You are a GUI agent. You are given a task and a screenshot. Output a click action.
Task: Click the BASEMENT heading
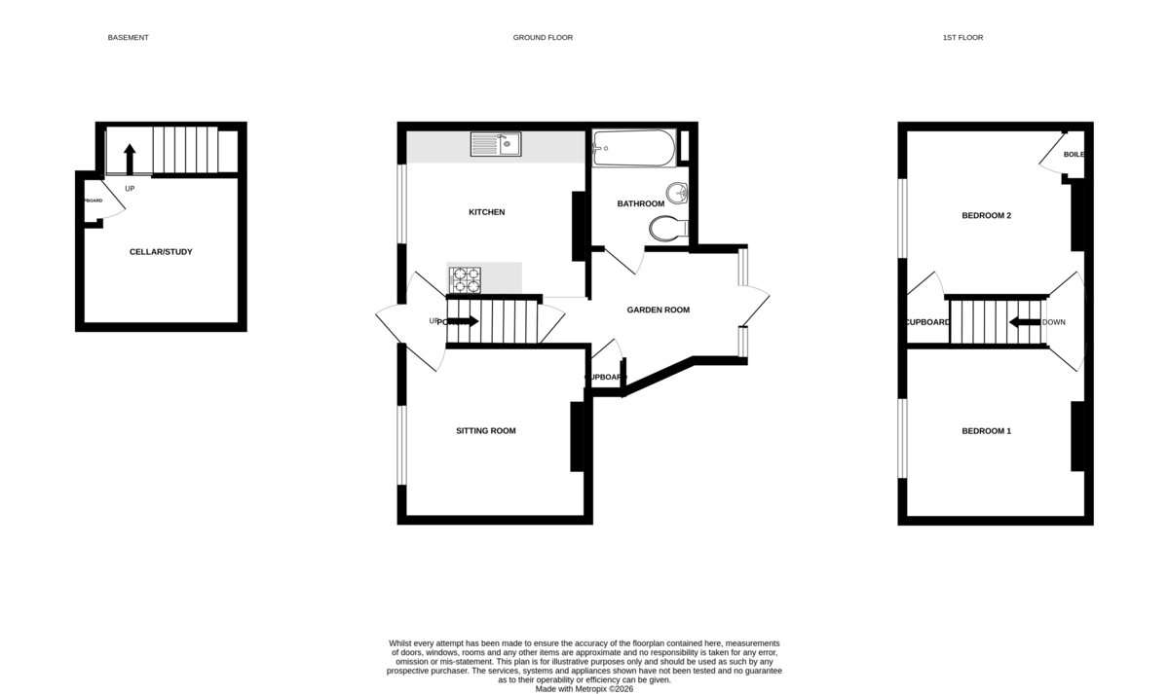point(128,38)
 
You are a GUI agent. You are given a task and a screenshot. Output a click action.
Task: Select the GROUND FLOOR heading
point(543,38)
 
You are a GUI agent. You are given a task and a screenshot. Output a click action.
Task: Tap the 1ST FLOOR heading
point(962,38)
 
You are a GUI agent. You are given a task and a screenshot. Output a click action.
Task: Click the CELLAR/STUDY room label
point(161,252)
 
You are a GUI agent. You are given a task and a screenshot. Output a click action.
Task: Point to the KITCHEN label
point(486,212)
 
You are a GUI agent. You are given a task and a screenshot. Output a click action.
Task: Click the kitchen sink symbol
point(495,145)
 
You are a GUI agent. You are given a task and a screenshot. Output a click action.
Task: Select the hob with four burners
point(465,279)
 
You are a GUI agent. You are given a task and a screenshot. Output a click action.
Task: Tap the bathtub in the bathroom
point(633,148)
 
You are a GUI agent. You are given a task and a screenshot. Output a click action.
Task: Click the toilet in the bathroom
point(667,229)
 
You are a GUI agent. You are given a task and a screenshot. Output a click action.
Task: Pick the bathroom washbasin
point(677,193)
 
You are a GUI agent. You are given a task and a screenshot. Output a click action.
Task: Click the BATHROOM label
point(640,204)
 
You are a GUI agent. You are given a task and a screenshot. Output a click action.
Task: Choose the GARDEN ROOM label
point(658,310)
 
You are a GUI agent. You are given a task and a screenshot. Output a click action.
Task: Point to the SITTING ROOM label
point(486,431)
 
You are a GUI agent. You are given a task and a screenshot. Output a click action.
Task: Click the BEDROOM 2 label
point(986,216)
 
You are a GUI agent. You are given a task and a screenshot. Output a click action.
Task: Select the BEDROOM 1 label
point(986,431)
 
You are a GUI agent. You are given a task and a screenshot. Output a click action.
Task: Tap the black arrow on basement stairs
point(129,158)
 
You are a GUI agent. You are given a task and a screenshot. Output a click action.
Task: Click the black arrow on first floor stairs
point(1024,322)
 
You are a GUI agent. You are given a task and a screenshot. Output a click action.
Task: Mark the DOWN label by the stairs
point(1054,322)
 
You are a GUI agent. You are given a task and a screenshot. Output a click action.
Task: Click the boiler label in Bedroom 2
point(1074,155)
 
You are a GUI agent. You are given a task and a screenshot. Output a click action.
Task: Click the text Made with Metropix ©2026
point(584,688)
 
